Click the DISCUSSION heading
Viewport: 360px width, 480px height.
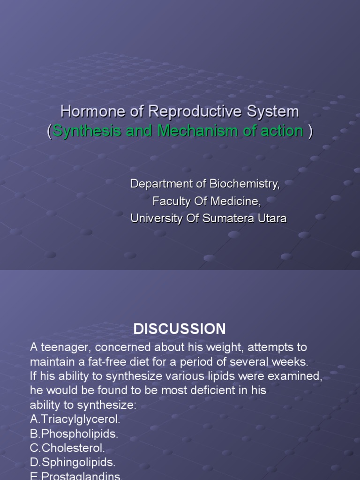[180, 329]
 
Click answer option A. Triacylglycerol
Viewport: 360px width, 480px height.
[75, 420]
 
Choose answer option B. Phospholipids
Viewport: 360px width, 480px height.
[74, 434]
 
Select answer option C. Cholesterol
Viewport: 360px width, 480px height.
[67, 448]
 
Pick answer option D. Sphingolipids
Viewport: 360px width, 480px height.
[73, 463]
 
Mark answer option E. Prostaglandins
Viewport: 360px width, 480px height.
[76, 476]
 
